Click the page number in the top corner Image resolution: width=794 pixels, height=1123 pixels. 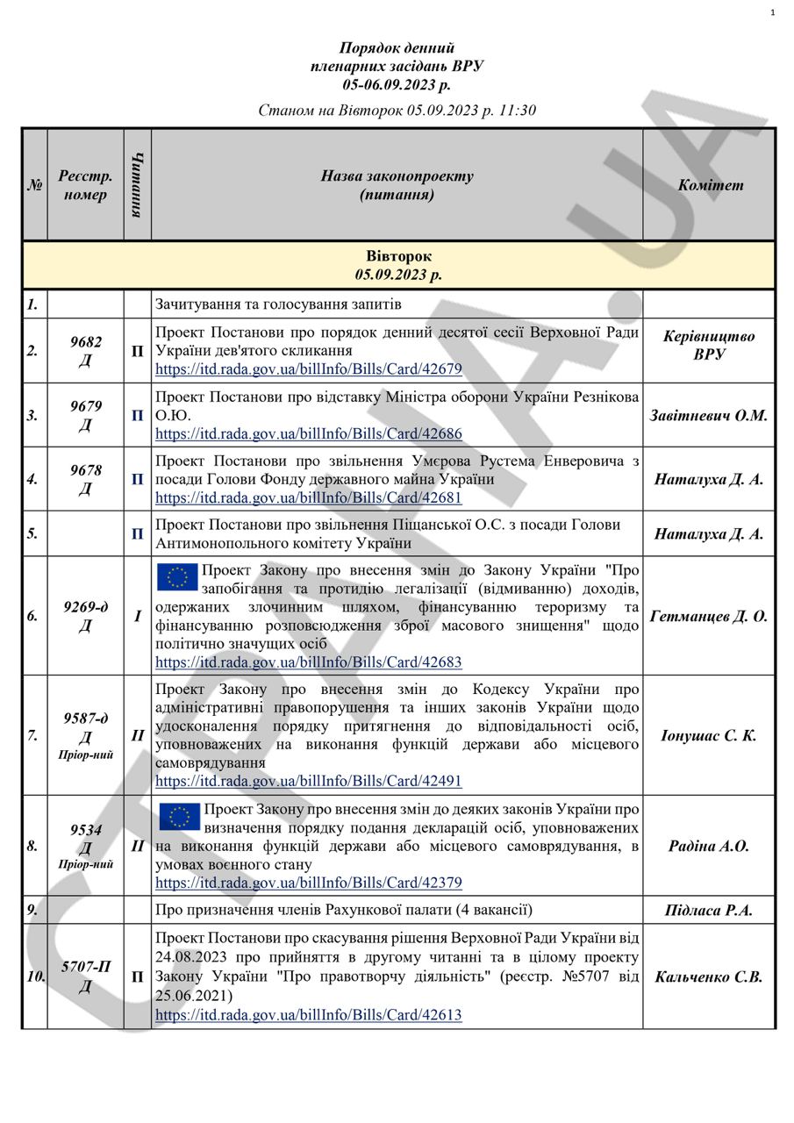[772, 12]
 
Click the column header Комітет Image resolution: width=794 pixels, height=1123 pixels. [709, 185]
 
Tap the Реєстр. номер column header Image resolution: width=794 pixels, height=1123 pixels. [85, 185]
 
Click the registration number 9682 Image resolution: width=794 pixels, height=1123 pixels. [85, 342]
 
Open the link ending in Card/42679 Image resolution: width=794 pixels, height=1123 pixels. [309, 369]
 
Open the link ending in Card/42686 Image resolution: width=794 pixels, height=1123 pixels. [309, 433]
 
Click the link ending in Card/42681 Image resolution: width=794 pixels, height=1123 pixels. [309, 497]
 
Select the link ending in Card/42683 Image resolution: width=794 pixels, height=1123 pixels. [309, 662]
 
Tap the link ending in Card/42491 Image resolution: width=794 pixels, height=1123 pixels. [309, 781]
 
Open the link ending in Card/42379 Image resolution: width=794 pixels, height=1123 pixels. [309, 883]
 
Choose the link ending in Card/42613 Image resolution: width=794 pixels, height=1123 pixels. [309, 1015]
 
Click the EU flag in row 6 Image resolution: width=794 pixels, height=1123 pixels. [177, 576]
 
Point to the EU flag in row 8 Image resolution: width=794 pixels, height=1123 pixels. [179, 817]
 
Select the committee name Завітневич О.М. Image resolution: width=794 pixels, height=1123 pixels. [709, 415]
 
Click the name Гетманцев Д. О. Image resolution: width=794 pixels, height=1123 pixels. [709, 616]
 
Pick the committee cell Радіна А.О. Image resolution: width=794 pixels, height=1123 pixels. [709, 846]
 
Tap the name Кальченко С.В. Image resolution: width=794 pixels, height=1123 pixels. [709, 976]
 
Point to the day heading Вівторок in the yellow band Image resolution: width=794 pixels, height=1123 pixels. [398, 256]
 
